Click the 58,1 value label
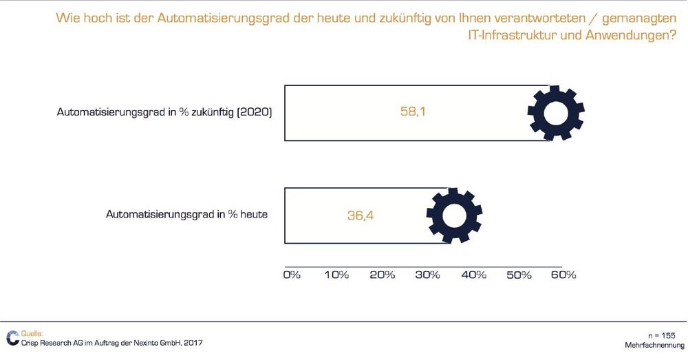pos(413,111)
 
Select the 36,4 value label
pos(360,215)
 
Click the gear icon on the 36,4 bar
pos(454,215)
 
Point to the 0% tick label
pos(292,275)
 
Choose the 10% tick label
pos(336,275)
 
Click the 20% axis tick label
pos(382,275)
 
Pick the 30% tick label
pos(427,275)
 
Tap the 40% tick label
pos(473,275)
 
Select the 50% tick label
pos(518,275)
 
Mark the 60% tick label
pos(563,275)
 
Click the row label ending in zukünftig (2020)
pos(164,112)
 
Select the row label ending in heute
pos(186,214)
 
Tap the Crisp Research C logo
pos(12,337)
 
